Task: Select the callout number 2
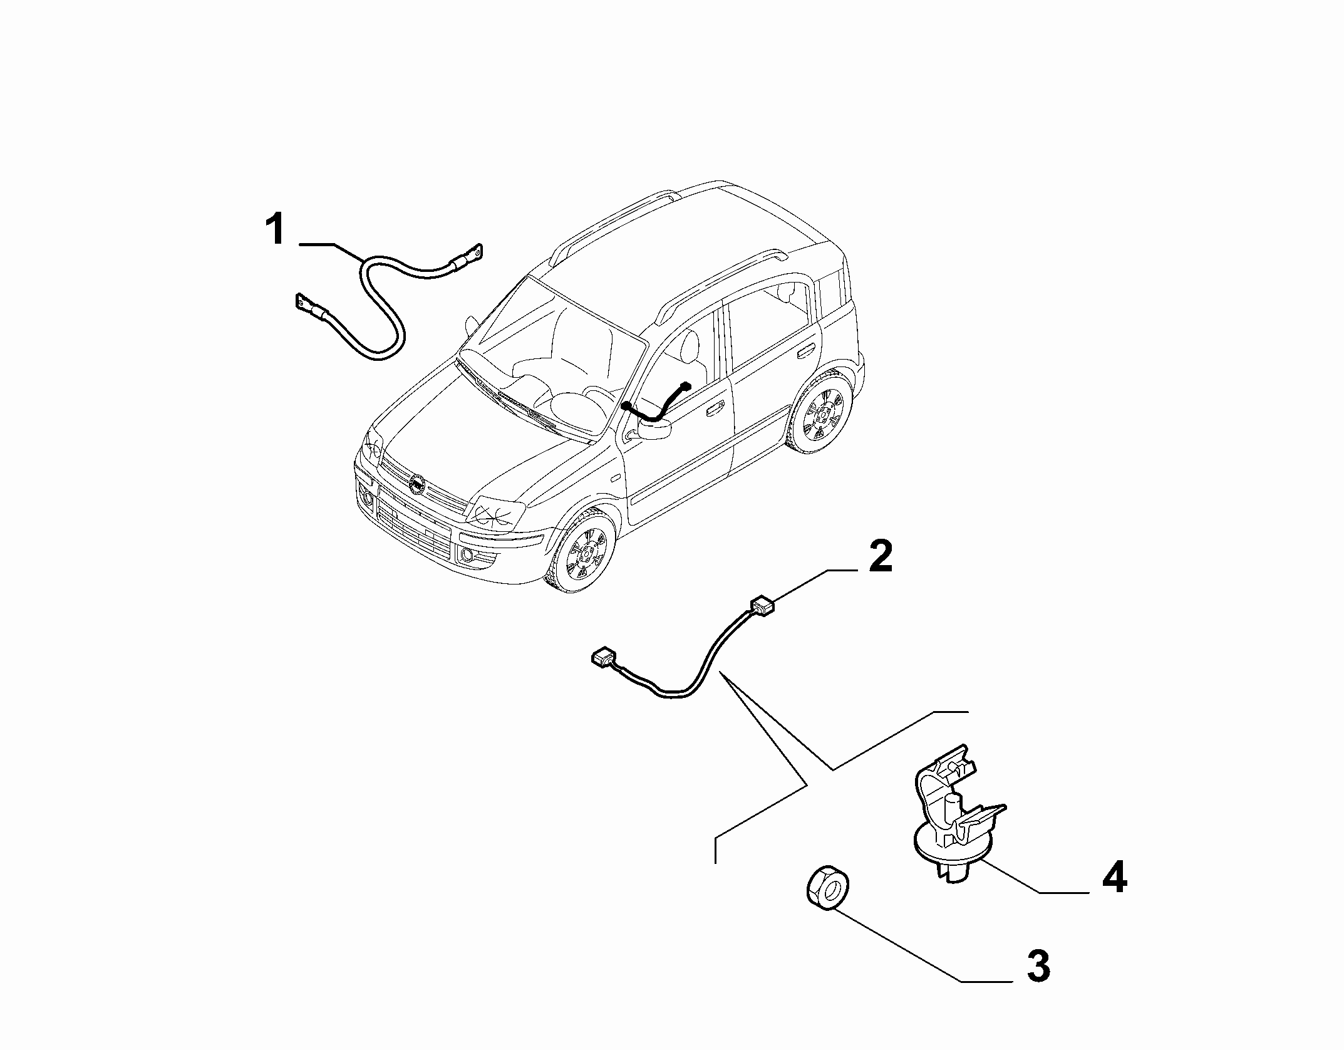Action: pyautogui.click(x=880, y=557)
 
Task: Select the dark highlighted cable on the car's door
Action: pyautogui.click(x=656, y=403)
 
